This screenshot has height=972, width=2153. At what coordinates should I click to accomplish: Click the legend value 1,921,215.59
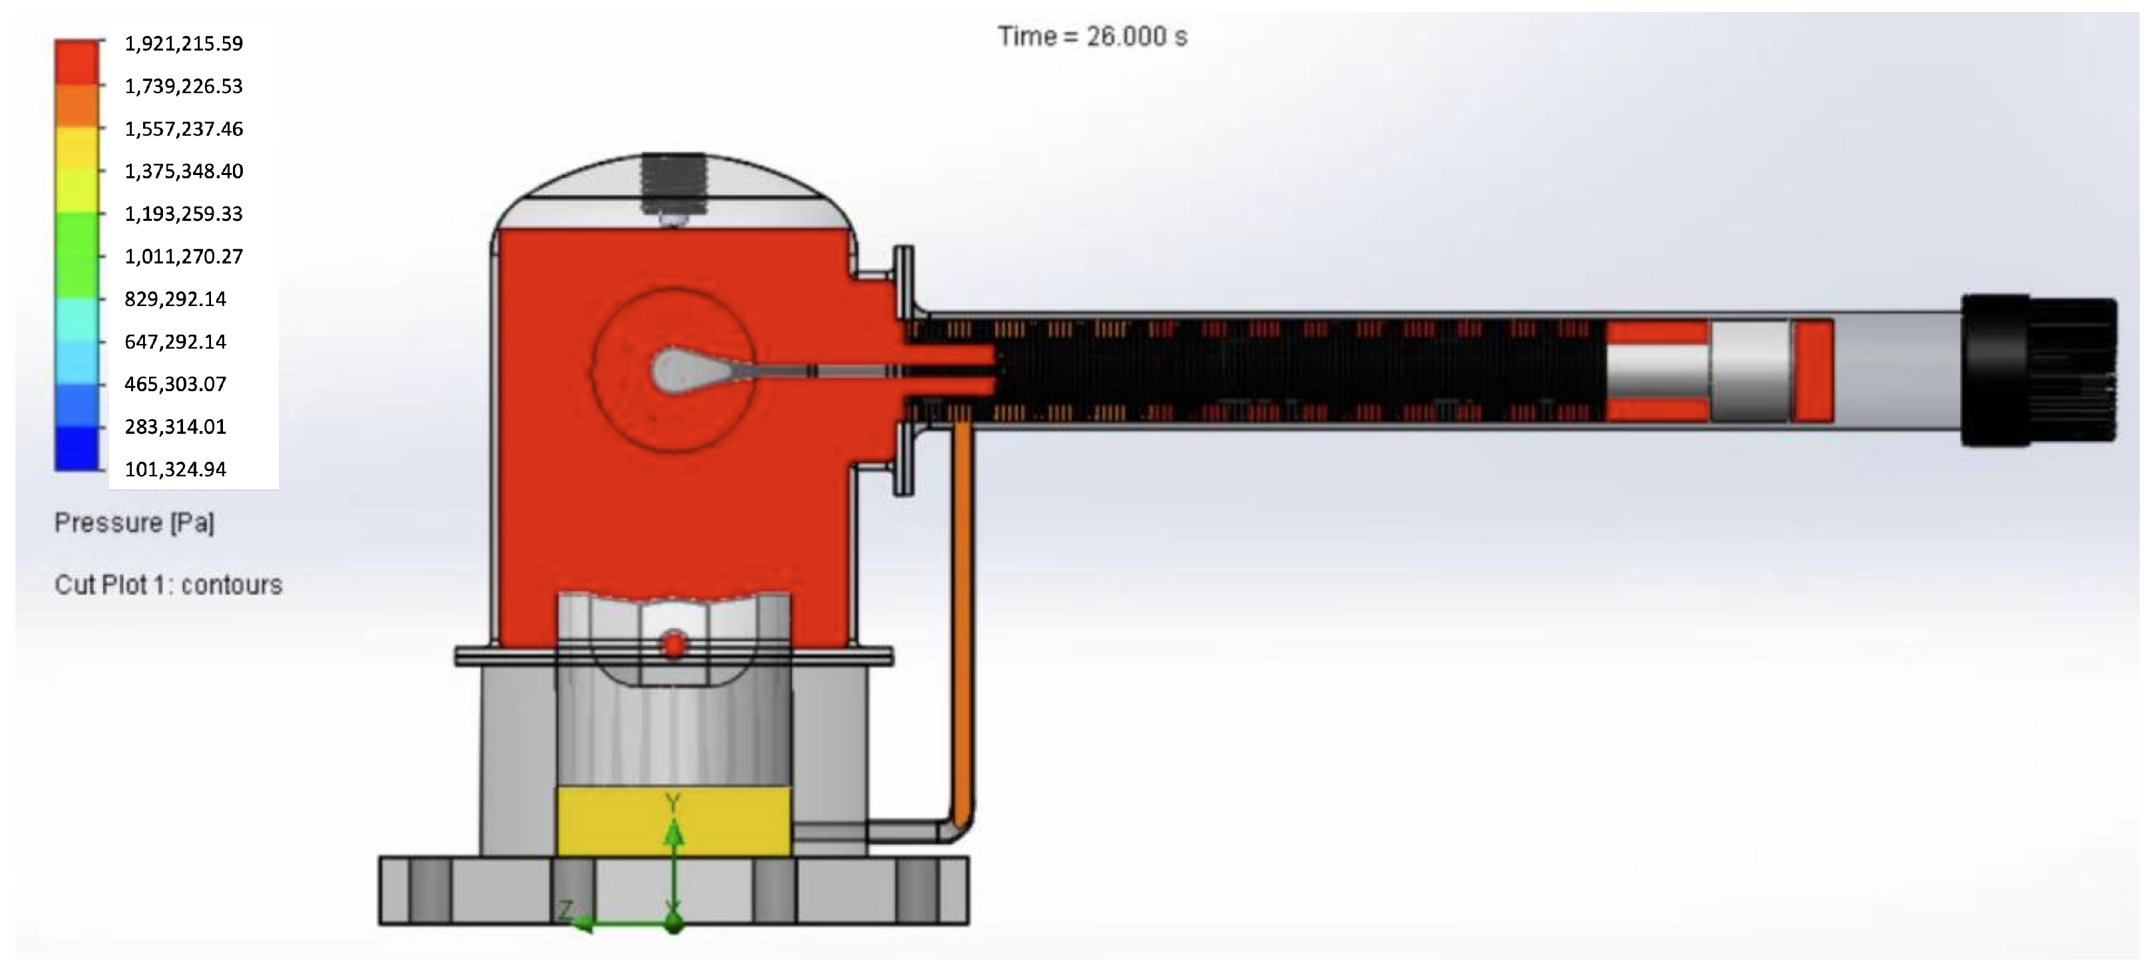pyautogui.click(x=184, y=43)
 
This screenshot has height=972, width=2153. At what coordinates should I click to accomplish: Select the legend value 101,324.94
pyautogui.click(x=176, y=470)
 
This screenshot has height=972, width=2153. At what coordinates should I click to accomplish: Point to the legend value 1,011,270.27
pyautogui.click(x=184, y=257)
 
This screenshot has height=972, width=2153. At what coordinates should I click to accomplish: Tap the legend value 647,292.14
pyautogui.click(x=176, y=342)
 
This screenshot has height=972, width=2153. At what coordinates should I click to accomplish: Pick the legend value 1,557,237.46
pyautogui.click(x=184, y=128)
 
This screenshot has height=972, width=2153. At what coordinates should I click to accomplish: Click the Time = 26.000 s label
pyautogui.click(x=1092, y=37)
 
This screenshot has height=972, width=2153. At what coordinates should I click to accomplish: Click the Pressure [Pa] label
pyautogui.click(x=134, y=523)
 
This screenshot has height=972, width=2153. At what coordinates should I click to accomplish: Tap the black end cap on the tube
pyautogui.click(x=2039, y=371)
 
